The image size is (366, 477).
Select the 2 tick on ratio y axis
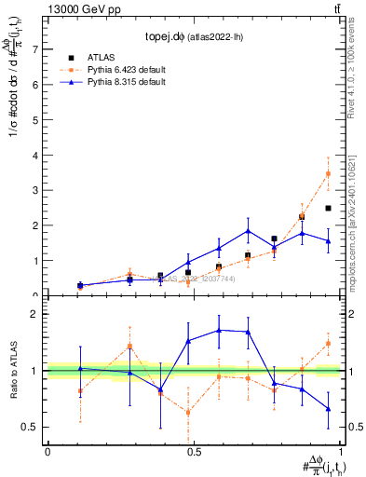35,314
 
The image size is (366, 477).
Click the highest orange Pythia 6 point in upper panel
328,173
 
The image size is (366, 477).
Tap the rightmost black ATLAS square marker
328,208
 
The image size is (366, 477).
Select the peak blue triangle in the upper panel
248,230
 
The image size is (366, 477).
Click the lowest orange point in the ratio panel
188,411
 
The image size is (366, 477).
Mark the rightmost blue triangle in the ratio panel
328,408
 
